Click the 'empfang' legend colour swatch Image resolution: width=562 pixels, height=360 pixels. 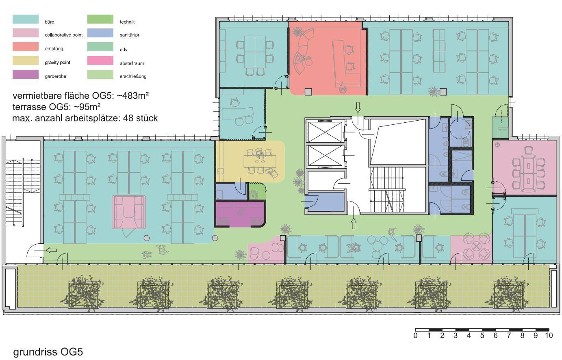tap(26, 47)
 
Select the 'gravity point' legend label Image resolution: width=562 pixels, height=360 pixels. tap(57, 63)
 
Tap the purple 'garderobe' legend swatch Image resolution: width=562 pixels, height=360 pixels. tap(26, 74)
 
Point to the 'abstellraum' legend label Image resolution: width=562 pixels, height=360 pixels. tap(132, 63)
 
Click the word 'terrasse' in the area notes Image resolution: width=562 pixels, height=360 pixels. tap(29, 107)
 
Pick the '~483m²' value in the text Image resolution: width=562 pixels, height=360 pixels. tap(133, 95)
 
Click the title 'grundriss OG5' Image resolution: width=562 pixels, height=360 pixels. tap(48, 352)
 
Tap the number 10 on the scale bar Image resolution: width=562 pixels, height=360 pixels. tap(549, 335)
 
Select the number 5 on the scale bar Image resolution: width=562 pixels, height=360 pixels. tap(482, 335)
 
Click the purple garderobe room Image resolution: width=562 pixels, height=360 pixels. tap(240, 214)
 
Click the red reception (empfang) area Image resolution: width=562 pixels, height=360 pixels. tap(328, 58)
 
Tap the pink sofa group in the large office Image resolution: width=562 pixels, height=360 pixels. tap(129, 212)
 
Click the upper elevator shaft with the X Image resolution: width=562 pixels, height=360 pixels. tap(325, 132)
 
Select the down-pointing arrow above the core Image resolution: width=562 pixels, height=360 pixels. tap(358, 107)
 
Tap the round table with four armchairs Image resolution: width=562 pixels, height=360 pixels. tap(476, 246)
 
